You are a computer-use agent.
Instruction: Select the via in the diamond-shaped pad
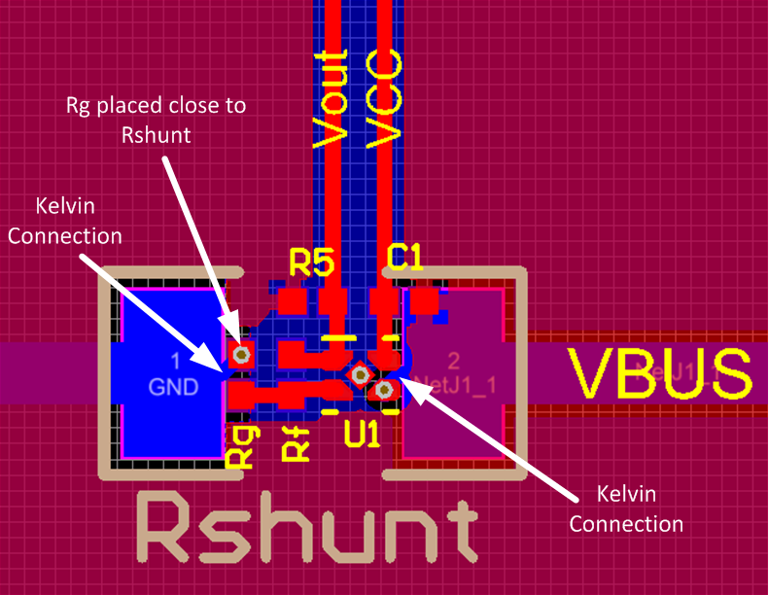pos(360,373)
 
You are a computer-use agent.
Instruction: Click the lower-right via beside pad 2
pos(384,389)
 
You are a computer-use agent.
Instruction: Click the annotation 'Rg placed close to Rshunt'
pos(156,120)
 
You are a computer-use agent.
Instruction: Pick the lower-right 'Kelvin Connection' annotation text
pos(626,508)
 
